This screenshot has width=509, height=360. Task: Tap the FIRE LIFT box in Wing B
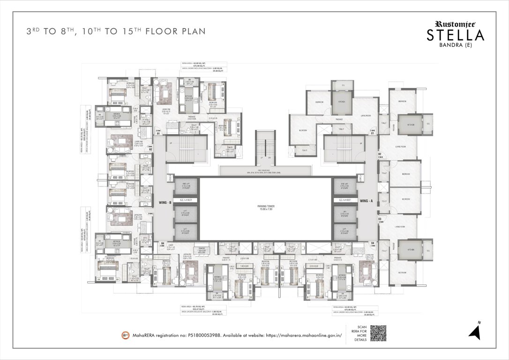[x=185, y=186]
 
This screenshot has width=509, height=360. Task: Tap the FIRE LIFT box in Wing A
[x=345, y=186]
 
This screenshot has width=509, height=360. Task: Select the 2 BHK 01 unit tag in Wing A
[x=373, y=132]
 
